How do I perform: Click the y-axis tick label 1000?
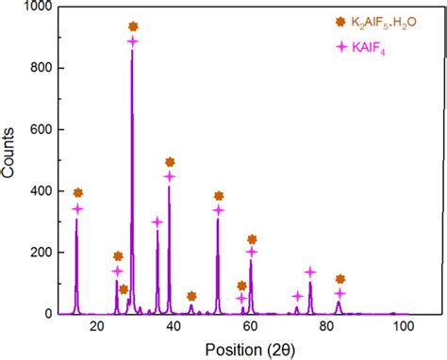coord(37,8)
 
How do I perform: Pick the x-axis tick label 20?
coord(96,326)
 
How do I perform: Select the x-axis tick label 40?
coord(173,326)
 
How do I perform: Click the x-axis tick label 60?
coord(249,326)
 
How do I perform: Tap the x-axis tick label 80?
coord(325,326)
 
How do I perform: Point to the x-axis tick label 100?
coord(402,326)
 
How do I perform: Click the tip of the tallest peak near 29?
coord(132,51)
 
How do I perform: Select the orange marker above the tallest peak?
coord(133,26)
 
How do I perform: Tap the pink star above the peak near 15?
coord(77,209)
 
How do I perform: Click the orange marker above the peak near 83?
coord(339,279)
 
